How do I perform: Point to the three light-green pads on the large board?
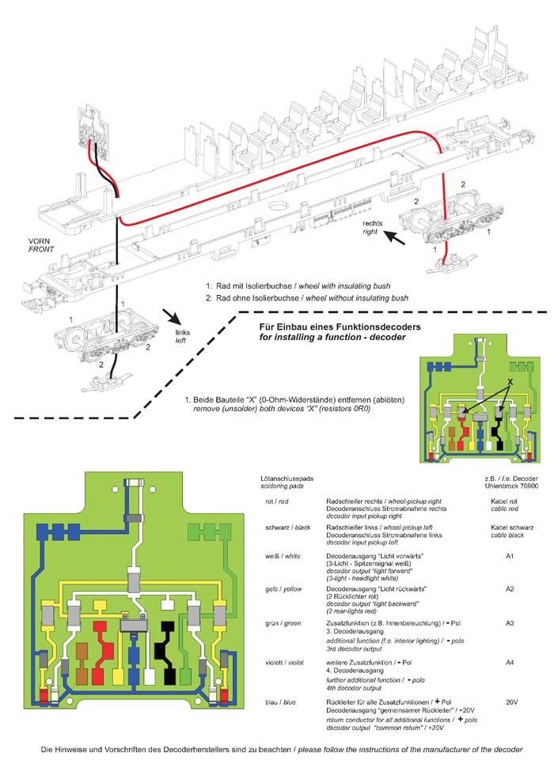click(x=208, y=530)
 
